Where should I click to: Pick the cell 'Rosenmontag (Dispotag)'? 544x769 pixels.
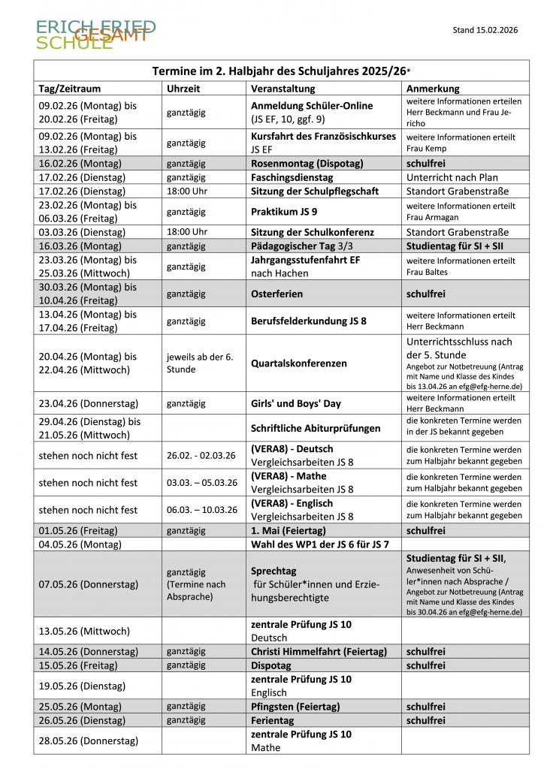[x=307, y=163]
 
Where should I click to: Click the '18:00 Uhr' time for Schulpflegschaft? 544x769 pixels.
[x=186, y=191]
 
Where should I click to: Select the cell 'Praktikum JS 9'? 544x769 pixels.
[x=284, y=212]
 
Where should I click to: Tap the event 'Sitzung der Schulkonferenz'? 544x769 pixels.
[x=313, y=232]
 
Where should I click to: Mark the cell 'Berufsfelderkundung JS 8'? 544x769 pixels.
[x=309, y=321]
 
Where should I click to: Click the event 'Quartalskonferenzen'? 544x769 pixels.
[x=299, y=363]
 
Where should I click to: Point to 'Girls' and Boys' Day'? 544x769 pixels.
[x=296, y=403]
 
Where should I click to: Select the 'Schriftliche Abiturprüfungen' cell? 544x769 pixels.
[x=316, y=428]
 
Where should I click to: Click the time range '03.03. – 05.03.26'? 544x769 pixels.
[x=202, y=482]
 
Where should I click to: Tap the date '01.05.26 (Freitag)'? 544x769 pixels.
[x=82, y=530]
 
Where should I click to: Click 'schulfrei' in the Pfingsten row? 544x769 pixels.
[x=426, y=707]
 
